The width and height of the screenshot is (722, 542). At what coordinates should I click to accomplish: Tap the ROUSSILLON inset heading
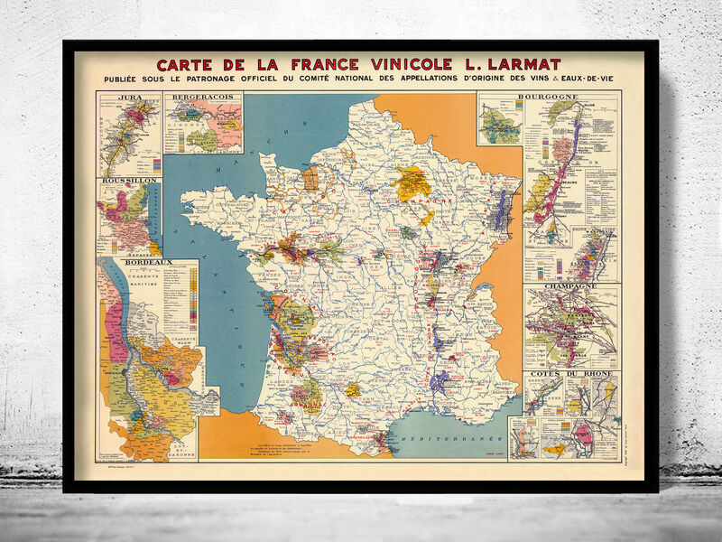(129, 180)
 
